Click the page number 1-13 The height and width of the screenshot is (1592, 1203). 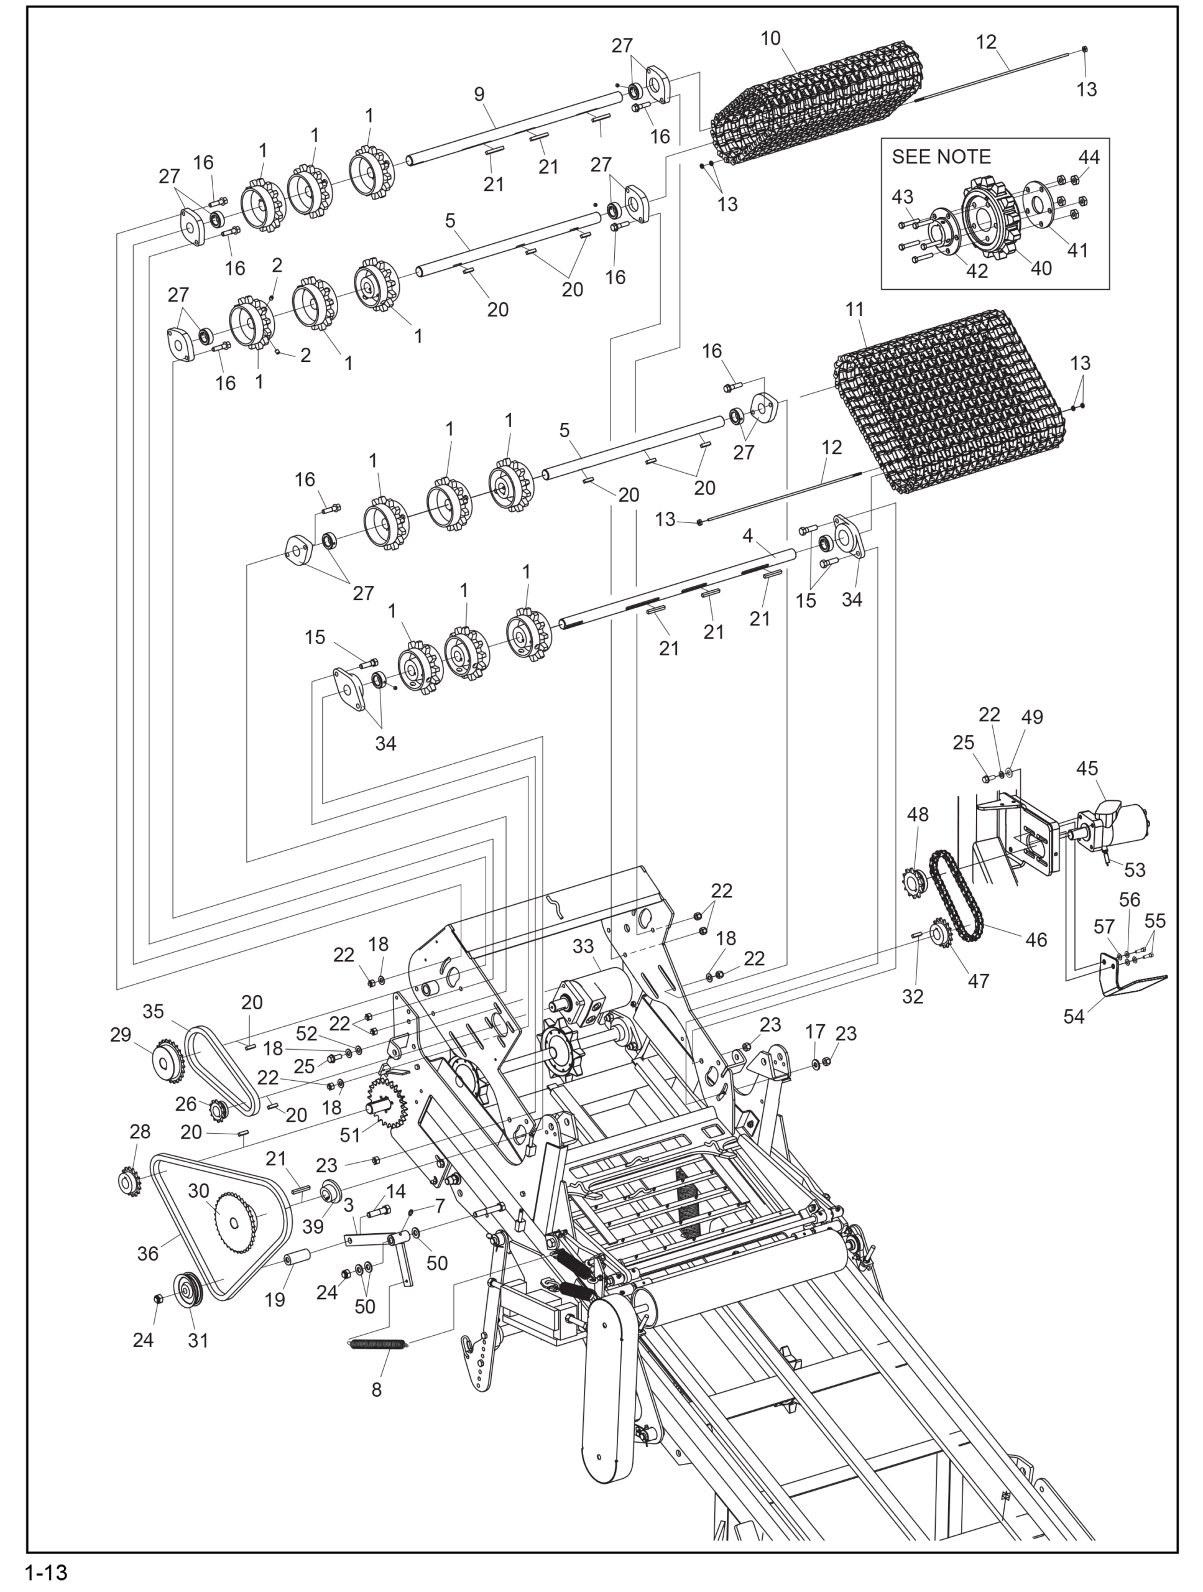(46, 1572)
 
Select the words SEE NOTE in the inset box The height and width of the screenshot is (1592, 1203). (941, 157)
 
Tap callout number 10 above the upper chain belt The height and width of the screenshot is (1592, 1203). (770, 39)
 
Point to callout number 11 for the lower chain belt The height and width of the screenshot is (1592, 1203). (854, 310)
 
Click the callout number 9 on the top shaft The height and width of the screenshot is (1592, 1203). (479, 95)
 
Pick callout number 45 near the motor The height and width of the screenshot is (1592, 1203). (1087, 769)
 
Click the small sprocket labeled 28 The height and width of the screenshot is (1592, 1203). (129, 1181)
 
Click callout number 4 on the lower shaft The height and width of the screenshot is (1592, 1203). (747, 535)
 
